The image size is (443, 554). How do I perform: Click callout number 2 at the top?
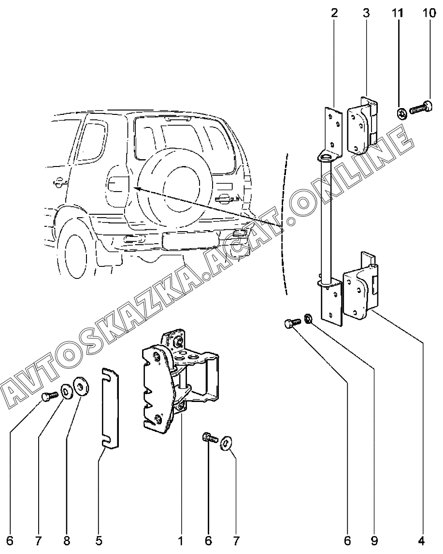pyautogui.click(x=334, y=13)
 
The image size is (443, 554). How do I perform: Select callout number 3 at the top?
pyautogui.click(x=366, y=13)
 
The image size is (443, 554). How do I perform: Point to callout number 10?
pyautogui.click(x=429, y=13)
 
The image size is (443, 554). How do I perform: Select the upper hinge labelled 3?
pyautogui.click(x=363, y=125)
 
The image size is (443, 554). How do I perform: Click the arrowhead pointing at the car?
pyautogui.click(x=137, y=189)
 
